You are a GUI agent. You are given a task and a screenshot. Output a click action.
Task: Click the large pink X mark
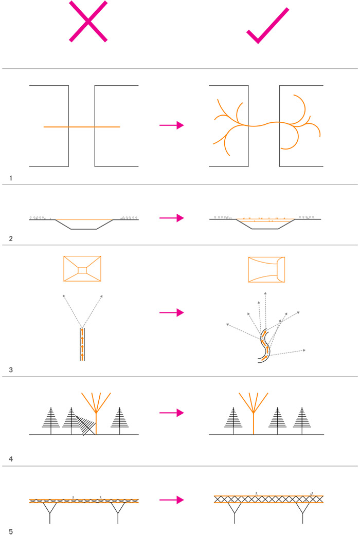click(88, 22)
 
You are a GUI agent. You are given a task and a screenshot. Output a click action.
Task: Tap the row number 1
click(11, 178)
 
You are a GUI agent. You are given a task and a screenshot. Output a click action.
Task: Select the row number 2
click(11, 239)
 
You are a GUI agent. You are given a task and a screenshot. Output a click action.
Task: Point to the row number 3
click(11, 370)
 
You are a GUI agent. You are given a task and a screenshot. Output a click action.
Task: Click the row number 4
click(11, 459)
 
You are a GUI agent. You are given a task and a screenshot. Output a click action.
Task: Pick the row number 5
click(11, 531)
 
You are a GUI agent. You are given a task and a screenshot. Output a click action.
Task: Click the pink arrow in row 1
click(172, 125)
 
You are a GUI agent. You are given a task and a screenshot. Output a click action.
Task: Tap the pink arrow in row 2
click(172, 218)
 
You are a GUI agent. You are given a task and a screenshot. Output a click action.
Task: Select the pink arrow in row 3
click(172, 312)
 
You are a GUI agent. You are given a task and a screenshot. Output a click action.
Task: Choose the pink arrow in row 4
click(172, 413)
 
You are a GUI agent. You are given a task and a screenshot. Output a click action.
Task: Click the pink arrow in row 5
click(172, 500)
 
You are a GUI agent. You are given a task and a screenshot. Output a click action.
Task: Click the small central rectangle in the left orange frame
click(82, 270)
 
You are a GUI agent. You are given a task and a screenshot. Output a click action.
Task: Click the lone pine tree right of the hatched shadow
click(120, 419)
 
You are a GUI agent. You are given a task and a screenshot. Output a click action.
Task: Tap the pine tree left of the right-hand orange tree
click(233, 419)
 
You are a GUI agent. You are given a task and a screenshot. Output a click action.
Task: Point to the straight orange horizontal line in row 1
click(82, 127)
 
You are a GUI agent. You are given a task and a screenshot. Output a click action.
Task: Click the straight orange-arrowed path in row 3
click(82, 344)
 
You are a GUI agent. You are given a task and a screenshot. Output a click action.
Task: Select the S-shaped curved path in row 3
click(264, 345)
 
